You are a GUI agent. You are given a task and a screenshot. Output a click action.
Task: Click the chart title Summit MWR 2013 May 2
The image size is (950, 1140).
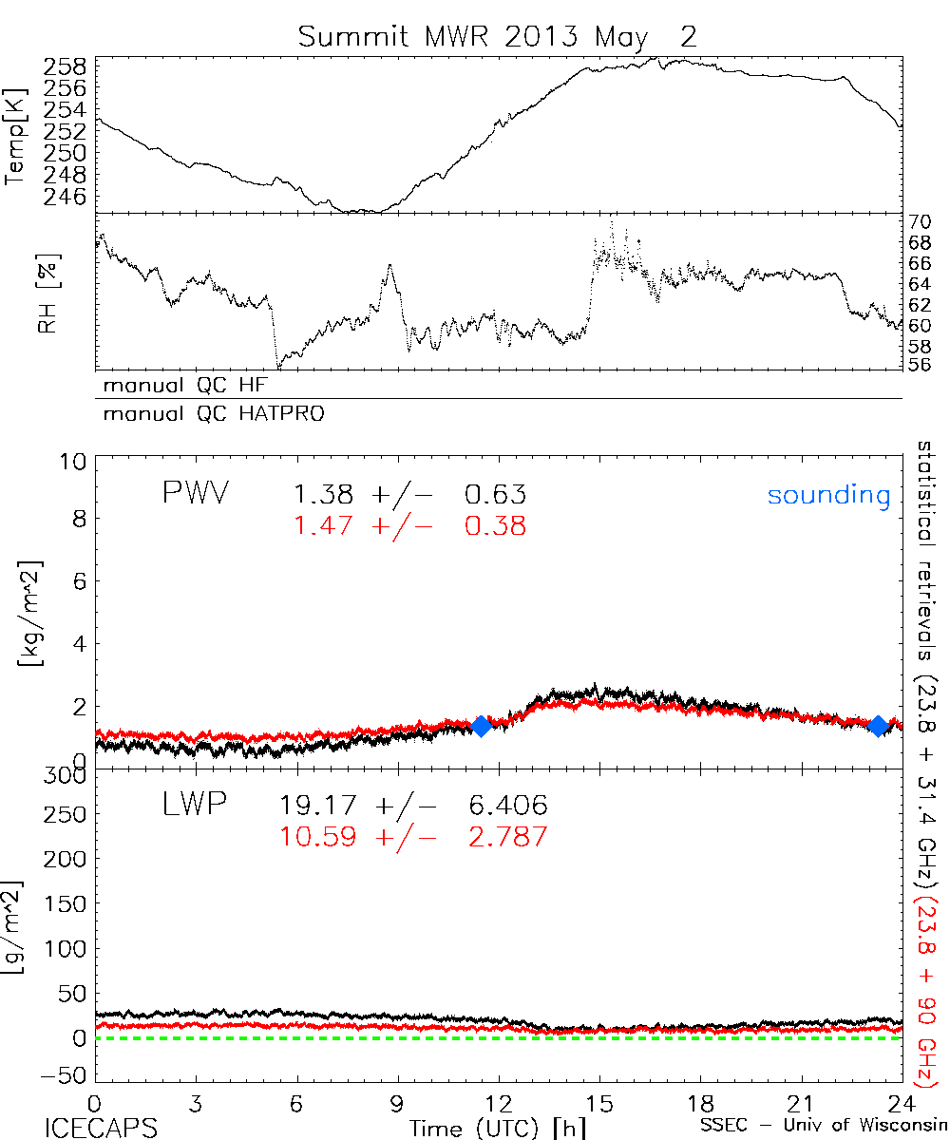click(498, 37)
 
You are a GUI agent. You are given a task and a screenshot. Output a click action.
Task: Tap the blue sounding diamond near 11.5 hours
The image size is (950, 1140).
click(481, 726)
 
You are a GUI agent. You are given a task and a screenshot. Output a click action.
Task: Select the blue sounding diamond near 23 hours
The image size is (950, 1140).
click(879, 726)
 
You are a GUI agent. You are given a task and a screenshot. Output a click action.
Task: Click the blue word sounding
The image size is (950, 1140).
click(829, 495)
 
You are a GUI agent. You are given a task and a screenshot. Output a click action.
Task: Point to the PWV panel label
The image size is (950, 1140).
click(197, 494)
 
